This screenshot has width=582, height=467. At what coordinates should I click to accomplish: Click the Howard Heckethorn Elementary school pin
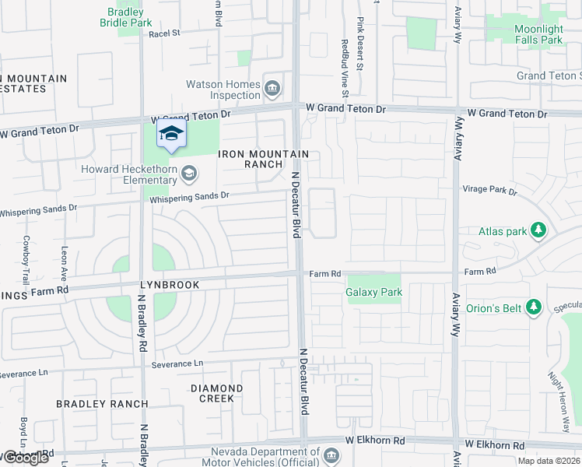pyautogui.click(x=171, y=134)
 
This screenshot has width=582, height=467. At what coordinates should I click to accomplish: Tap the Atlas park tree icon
pyautogui.click(x=537, y=230)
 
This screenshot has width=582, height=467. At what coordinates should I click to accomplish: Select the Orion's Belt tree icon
pyautogui.click(x=534, y=308)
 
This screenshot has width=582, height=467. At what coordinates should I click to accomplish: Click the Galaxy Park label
pyautogui.click(x=373, y=293)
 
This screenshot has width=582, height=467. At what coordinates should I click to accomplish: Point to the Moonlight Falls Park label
pyautogui.click(x=528, y=34)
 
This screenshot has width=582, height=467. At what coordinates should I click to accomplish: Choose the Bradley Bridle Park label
pyautogui.click(x=125, y=18)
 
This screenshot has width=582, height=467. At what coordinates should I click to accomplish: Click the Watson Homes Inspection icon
pyautogui.click(x=272, y=88)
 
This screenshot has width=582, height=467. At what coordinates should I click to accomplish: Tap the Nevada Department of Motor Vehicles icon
pyautogui.click(x=332, y=455)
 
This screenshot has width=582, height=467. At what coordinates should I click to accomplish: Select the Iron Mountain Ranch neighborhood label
pyautogui.click(x=264, y=160)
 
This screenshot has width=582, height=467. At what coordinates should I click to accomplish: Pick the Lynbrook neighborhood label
pyautogui.click(x=170, y=286)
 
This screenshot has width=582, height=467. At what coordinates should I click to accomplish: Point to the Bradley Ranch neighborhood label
pyautogui.click(x=102, y=404)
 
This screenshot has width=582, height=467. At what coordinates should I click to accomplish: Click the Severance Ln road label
pyautogui.click(x=177, y=363)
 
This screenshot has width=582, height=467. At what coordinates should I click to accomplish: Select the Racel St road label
pyautogui.click(x=164, y=33)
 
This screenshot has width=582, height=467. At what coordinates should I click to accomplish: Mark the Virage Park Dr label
pyautogui.click(x=490, y=190)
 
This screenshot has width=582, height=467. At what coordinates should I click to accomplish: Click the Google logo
pyautogui.click(x=25, y=457)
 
